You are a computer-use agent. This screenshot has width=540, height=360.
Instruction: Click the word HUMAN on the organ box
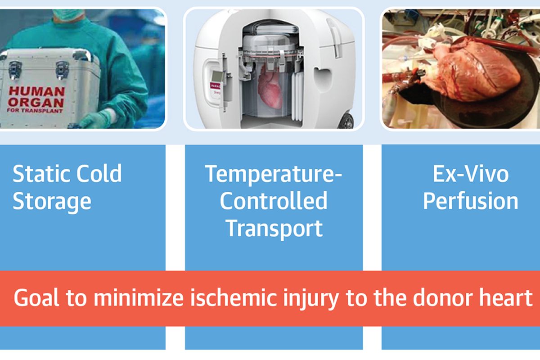click(x=36, y=92)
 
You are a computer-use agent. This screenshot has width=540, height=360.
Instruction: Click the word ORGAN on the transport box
click(x=36, y=103)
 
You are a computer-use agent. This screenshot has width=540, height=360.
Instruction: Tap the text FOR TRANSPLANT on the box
click(x=35, y=111)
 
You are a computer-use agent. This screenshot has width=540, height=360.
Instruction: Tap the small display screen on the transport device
click(x=217, y=76)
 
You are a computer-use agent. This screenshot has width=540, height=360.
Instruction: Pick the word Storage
click(x=52, y=202)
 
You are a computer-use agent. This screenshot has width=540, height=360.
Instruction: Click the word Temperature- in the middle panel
click(x=274, y=175)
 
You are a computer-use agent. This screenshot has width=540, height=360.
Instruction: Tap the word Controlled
click(x=274, y=201)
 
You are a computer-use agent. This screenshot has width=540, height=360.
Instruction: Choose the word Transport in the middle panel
click(x=274, y=229)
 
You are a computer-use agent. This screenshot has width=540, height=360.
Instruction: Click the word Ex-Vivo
click(x=471, y=174)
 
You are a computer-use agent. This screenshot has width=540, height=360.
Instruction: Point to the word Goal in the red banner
click(x=36, y=298)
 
